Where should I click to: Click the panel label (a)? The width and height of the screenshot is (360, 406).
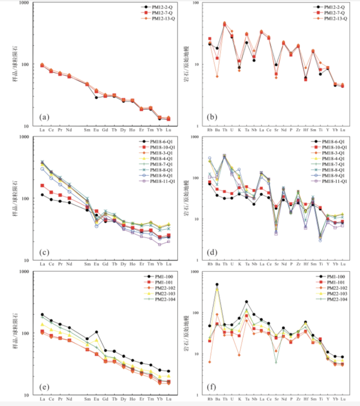45,117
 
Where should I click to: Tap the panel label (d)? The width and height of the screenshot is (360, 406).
212,251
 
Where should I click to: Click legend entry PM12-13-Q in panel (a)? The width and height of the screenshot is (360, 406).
163,19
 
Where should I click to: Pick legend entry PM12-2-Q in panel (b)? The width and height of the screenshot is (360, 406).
335,7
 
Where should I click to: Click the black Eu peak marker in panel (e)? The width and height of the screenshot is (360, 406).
96,332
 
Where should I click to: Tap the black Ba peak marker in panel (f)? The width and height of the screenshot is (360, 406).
217,284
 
